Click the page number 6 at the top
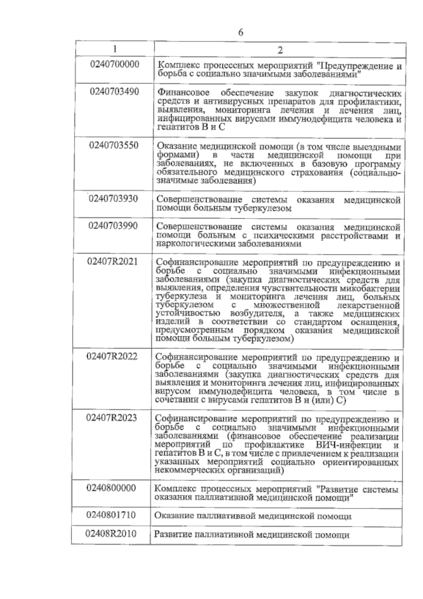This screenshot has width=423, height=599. click(241, 33)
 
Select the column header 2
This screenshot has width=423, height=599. click(280, 50)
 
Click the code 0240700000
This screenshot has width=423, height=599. click(115, 65)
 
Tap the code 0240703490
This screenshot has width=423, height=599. click(115, 92)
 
